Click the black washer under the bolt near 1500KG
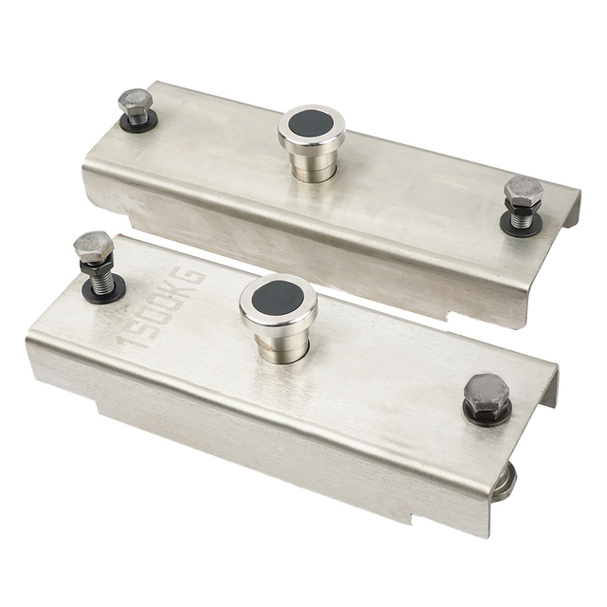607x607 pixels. (101, 293)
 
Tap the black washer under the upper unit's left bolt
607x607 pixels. (138, 123)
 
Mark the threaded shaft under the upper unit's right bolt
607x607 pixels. (520, 216)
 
